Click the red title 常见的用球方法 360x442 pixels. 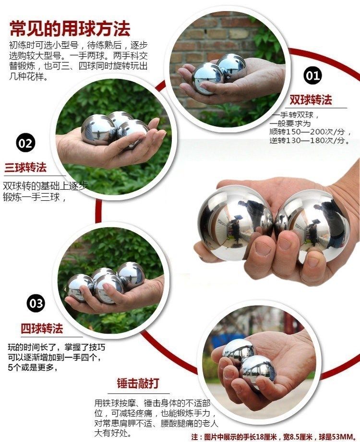coord(70,28)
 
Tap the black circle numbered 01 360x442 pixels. coord(312,75)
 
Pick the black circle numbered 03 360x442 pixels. coord(36,303)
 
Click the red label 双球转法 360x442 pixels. coord(311,99)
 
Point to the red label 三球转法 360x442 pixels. coord(26,168)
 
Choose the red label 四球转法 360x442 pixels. coord(42,329)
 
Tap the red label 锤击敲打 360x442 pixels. coord(138,383)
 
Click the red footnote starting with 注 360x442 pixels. coord(274,436)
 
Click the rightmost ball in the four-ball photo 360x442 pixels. coord(131,275)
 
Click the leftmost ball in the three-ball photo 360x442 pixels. coord(98,129)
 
